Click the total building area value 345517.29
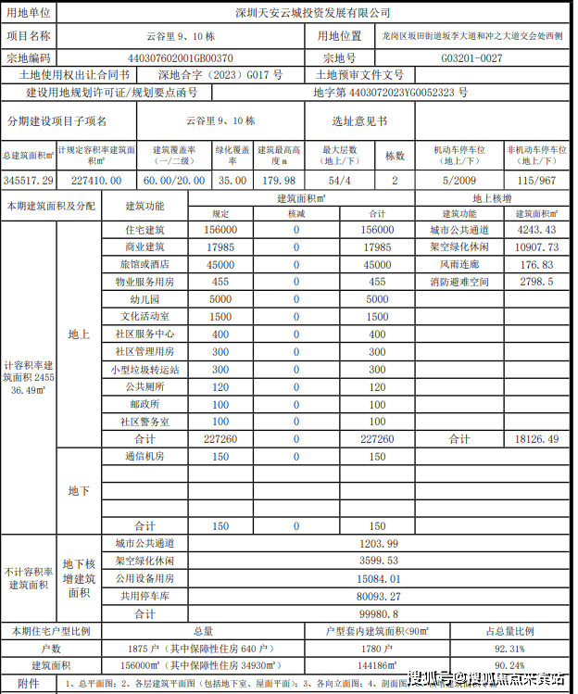click(29, 180)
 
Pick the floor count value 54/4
click(340, 180)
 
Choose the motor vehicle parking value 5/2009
click(459, 180)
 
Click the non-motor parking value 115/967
click(538, 180)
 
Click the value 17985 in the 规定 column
click(220, 247)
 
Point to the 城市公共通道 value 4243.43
click(537, 230)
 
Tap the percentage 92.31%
click(510, 648)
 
